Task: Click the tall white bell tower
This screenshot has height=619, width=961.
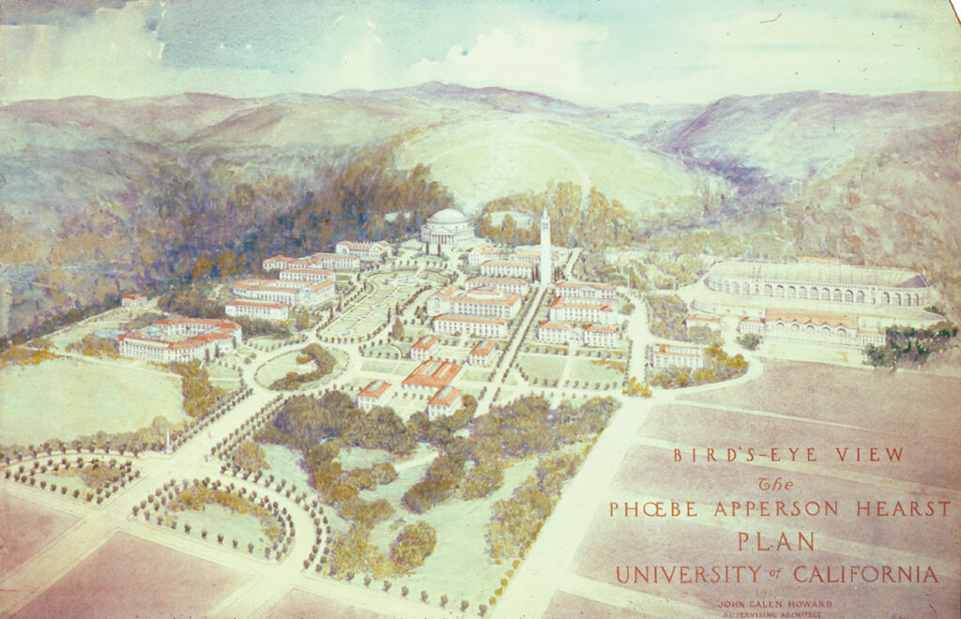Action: click(545, 246)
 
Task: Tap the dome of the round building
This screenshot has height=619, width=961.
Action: click(447, 219)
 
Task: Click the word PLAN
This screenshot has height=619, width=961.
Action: click(775, 541)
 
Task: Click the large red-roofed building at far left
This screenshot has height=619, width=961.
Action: click(178, 339)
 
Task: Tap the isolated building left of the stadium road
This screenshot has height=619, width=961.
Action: click(678, 355)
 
